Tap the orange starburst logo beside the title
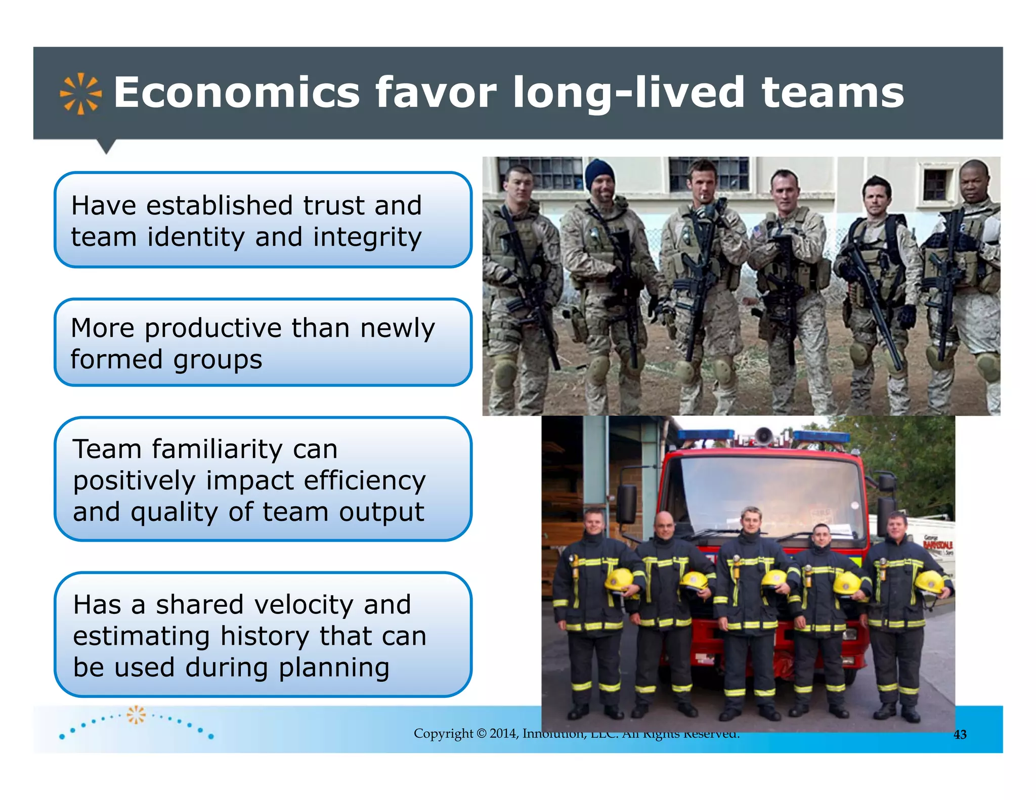pos(80,94)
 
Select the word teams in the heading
pos(833,93)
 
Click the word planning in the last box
pos(334,668)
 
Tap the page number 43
pos(960,735)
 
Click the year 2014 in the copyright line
pos(503,733)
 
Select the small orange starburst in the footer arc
pos(136,715)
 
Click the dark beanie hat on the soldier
pos(599,172)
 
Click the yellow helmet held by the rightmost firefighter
pos(929,582)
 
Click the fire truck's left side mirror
pos(626,504)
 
